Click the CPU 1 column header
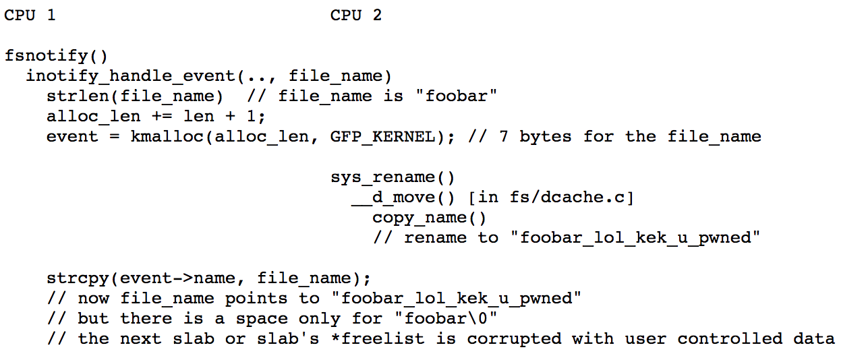pos(30,15)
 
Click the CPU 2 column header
pos(355,15)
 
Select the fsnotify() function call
pos(56,56)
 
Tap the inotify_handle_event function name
pos(131,76)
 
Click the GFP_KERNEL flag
pos(382,137)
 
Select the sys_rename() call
pos(393,177)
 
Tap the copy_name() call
pos(429,218)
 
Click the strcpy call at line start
pos(78,278)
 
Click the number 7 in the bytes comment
pos(503,137)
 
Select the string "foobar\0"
pos(446,319)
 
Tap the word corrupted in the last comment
pos(514,339)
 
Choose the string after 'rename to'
pos(635,237)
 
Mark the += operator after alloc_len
pos(162,117)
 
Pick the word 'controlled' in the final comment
pos(730,338)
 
